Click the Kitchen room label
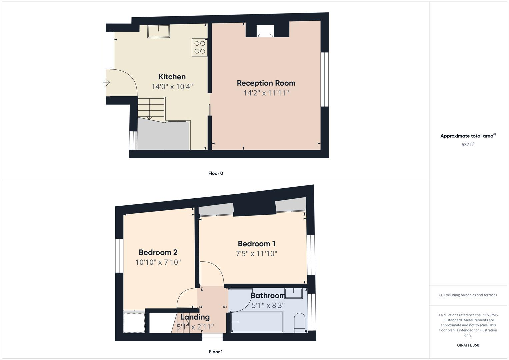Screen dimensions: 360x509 pos(172,77)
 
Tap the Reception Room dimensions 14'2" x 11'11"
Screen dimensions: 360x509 pos(266,93)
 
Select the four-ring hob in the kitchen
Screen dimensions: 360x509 pos(200,47)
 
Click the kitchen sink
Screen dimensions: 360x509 pos(159,31)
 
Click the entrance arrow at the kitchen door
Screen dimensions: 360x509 pos(107,83)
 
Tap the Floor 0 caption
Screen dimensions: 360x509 pos(216,173)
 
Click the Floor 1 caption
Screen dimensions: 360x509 pos(216,352)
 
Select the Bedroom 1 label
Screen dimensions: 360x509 pos(256,244)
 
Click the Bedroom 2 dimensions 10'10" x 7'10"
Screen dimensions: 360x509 pos(158,262)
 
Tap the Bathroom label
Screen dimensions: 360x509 pos(268,296)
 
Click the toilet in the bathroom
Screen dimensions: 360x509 pos(300,322)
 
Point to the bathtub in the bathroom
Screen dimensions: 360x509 pos(257,322)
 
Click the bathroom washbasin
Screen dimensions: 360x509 pos(294,293)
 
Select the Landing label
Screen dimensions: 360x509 pos(195,317)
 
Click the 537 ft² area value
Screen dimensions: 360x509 pos(468,145)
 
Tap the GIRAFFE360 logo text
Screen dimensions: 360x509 pos(468,345)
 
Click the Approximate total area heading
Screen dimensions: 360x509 pos(468,136)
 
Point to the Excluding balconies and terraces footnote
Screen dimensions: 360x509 pos(468,295)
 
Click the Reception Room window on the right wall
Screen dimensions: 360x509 pos(325,79)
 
